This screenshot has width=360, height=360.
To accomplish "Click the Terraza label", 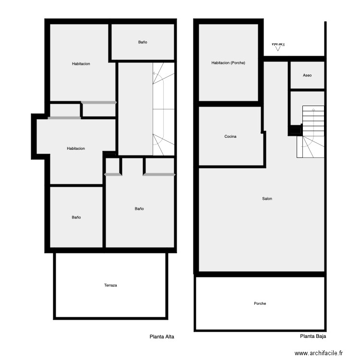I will click(x=110, y=285).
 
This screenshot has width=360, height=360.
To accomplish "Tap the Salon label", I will click(x=267, y=199).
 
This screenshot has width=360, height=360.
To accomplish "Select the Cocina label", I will click(x=230, y=137).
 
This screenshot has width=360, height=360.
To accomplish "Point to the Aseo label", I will click(x=307, y=75).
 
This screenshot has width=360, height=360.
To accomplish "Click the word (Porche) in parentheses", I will click(x=238, y=62).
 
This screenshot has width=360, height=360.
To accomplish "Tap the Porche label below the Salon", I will click(x=260, y=303).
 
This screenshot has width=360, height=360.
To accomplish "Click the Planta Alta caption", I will click(x=162, y=337).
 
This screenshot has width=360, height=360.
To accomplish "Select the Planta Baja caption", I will click(x=313, y=337).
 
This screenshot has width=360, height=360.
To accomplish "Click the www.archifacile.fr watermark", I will click(x=319, y=353).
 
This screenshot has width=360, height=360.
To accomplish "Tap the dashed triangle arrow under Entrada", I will click(x=277, y=48).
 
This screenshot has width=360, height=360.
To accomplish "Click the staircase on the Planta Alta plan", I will click(x=164, y=108).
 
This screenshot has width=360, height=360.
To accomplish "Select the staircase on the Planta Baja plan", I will click(x=312, y=132).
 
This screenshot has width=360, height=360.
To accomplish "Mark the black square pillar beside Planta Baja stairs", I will click(x=295, y=130).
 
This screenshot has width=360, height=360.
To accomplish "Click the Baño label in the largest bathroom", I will click(x=139, y=209).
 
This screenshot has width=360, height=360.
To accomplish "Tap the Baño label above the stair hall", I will click(x=143, y=42).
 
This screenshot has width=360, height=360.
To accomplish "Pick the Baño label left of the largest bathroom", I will click(x=76, y=217).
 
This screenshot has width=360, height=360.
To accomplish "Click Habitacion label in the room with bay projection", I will click(x=76, y=148).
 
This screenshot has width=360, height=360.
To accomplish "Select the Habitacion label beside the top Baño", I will click(x=81, y=64).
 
